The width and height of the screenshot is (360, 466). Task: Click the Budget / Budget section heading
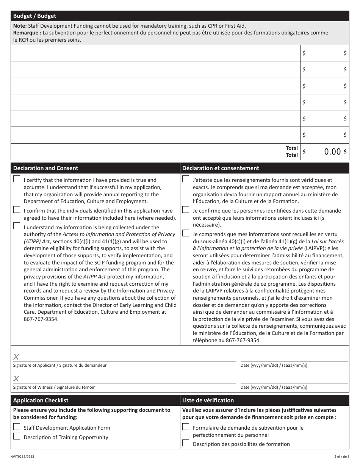click(x=34, y=16)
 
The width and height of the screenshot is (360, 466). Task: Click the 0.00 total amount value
click(x=332, y=152)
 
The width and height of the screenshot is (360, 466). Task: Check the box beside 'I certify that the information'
click(x=17, y=179)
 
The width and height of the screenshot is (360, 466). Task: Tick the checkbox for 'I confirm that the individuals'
click(x=17, y=210)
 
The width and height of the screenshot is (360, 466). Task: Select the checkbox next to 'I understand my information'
click(x=17, y=226)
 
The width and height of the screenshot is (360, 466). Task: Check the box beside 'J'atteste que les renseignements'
click(x=186, y=179)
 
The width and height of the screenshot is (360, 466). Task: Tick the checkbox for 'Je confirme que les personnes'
click(x=186, y=210)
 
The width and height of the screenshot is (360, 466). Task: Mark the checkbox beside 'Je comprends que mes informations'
click(x=186, y=233)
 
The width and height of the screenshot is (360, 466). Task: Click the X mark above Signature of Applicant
click(x=16, y=357)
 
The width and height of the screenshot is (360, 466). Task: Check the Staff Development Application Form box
click(x=17, y=427)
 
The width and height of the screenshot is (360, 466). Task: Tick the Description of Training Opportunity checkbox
click(x=17, y=436)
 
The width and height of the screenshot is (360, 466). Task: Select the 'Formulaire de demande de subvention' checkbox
click(x=186, y=427)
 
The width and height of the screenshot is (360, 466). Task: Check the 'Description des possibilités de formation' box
click(x=186, y=443)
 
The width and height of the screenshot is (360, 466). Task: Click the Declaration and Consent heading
click(x=45, y=168)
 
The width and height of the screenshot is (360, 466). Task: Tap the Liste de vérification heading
click(x=208, y=400)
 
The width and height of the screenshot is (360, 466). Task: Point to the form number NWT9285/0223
click(x=24, y=457)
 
